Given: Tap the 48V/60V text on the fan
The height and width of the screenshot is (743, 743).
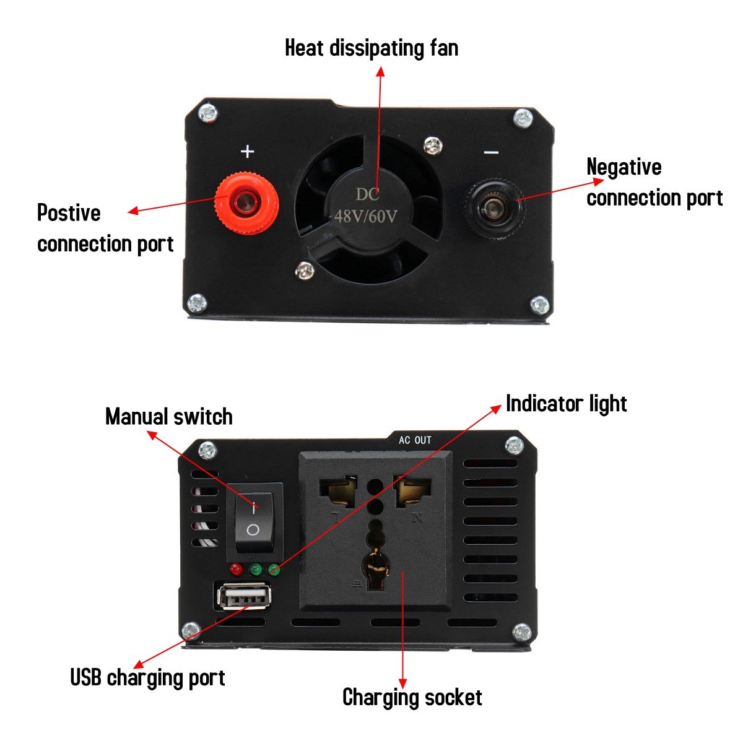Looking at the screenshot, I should click(365, 216).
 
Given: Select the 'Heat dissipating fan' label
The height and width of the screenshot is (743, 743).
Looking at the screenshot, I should click(371, 48).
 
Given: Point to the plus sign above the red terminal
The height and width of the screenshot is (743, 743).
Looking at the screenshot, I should click(248, 151).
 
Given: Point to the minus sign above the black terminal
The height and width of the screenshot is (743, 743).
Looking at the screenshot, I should click(491, 152).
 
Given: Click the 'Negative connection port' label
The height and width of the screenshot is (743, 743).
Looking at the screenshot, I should click(654, 182).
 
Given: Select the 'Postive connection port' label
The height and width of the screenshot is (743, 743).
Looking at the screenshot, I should click(105, 228).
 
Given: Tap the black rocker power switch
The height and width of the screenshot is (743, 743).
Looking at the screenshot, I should click(254, 519).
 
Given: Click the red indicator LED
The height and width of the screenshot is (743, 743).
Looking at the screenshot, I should click(235, 569).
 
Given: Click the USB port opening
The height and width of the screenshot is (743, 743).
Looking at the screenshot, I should click(244, 597).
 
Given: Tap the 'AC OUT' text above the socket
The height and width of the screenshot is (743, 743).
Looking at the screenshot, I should click(415, 440).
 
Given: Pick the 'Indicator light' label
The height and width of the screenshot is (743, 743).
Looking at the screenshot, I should click(566, 404).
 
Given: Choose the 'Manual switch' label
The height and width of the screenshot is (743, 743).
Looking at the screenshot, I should click(168, 417).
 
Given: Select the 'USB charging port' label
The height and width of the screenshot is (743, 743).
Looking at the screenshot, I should click(147, 677).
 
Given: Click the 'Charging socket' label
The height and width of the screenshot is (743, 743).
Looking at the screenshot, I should click(412, 697).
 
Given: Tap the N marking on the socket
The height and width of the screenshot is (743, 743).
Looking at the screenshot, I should click(417, 518).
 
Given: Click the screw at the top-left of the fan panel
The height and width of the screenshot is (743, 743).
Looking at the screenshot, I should click(208, 113).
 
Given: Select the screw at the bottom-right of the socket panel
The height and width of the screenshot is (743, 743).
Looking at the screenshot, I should click(521, 633).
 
